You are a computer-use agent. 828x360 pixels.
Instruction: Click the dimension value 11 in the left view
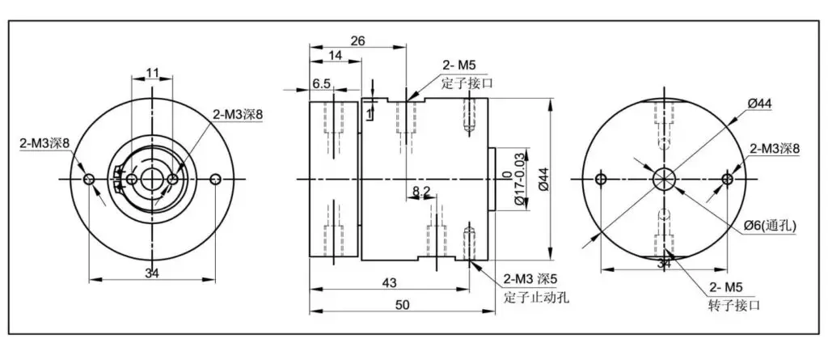pyautogui.click(x=153, y=73)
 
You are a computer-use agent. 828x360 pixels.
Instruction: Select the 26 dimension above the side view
pyautogui.click(x=358, y=40)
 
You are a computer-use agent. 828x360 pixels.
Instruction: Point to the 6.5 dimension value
pyautogui.click(x=322, y=83)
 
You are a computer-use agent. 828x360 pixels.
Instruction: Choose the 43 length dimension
pyautogui.click(x=389, y=283)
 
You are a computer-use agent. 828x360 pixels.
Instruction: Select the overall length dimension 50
pyautogui.click(x=403, y=304)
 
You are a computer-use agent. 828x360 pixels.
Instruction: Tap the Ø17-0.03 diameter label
pyautogui.click(x=518, y=179)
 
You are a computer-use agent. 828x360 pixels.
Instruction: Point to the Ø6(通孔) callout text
pyautogui.click(x=770, y=226)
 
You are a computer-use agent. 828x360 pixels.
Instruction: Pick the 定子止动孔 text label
pyautogui.click(x=536, y=298)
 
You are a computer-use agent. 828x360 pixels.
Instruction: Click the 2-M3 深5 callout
pyautogui.click(x=530, y=278)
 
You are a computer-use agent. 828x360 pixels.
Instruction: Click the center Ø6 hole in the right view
pyautogui.click(x=664, y=180)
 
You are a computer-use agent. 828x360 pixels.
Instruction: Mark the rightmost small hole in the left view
pyautogui.click(x=215, y=180)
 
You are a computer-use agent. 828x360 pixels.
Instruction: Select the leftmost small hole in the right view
pyautogui.click(x=601, y=180)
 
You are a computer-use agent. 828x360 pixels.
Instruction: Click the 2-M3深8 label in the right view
pyautogui.click(x=775, y=149)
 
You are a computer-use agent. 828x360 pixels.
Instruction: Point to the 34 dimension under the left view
pyautogui.click(x=152, y=273)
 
